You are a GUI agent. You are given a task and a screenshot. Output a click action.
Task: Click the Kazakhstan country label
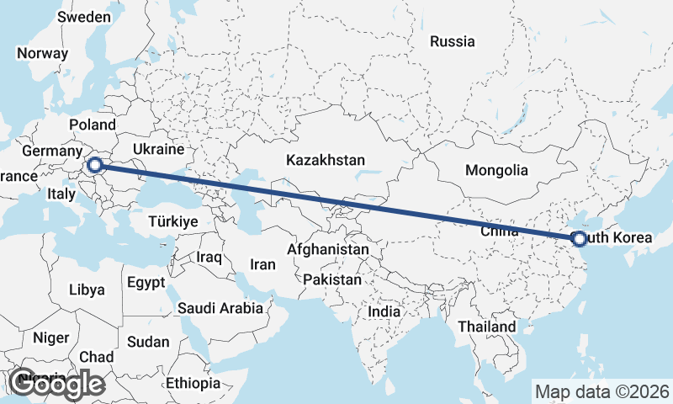(325, 160)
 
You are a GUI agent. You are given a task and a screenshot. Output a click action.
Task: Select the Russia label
(453, 41)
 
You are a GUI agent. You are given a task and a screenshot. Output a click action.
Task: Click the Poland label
(93, 125)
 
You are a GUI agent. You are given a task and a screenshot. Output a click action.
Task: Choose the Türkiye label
(172, 221)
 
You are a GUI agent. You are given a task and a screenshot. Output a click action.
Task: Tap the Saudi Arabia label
(220, 308)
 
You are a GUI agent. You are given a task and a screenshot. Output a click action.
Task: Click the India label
(384, 311)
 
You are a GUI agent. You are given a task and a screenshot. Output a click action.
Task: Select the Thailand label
(487, 327)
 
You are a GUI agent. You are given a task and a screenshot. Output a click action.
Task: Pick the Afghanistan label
(328, 250)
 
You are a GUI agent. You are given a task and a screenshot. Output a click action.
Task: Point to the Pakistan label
(333, 279)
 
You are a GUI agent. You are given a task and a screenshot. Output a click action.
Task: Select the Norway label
(42, 52)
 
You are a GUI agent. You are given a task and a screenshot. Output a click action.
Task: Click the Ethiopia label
(193, 383)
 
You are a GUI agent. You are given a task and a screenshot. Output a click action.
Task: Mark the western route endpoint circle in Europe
(94, 166)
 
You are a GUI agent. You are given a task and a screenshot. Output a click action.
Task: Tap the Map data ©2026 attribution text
(602, 391)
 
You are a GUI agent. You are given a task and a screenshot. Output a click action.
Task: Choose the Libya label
(87, 290)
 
